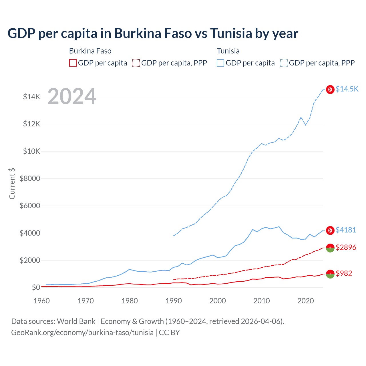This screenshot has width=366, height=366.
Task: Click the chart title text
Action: coord(153,33)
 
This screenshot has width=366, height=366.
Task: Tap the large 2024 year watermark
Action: coord(72,97)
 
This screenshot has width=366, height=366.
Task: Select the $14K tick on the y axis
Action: coord(32,97)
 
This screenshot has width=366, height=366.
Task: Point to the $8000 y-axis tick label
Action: coord(30,178)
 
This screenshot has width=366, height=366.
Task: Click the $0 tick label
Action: coord(36,287)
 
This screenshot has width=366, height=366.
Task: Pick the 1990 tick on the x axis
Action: coord(174,301)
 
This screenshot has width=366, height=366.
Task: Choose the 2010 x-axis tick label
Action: coord(262,301)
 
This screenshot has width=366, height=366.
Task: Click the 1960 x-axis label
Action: coord(42,301)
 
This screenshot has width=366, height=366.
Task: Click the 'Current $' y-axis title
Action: coord(12,184)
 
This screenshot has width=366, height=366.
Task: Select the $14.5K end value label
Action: coord(347,89)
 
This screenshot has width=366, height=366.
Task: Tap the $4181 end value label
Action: coord(346,230)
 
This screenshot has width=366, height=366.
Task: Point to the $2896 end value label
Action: coord(346,247)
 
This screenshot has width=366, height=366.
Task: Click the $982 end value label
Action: coord(344,273)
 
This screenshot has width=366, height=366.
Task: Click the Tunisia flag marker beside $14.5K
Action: coord(330,89)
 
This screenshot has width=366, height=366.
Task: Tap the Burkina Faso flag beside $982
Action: coord(330,274)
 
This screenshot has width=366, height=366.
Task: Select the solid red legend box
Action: coord(73,63)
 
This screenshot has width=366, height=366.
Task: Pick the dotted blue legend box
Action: coord(284,63)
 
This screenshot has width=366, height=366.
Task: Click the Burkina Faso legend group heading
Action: coord(90,51)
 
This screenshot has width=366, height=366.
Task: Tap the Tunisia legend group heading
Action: coord(228,51)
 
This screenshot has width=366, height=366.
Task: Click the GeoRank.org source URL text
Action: coord(82,333)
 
